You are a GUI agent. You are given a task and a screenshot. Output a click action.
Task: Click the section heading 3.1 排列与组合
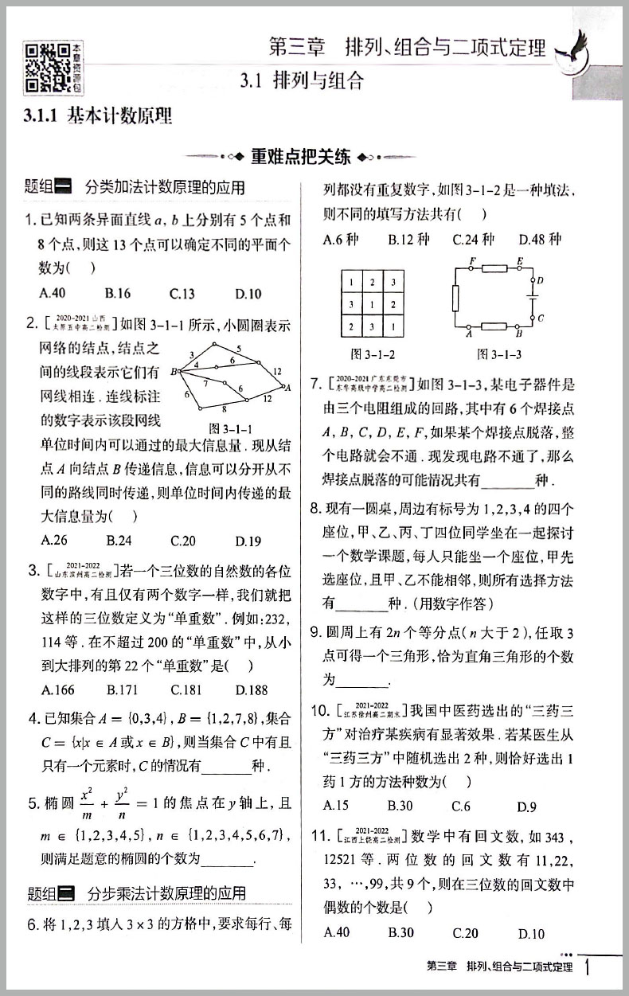(x=303, y=80)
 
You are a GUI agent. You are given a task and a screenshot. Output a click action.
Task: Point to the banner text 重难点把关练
(x=300, y=156)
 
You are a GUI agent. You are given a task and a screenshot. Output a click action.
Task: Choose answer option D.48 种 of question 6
(x=539, y=239)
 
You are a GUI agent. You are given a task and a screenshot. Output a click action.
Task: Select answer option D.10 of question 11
(x=531, y=933)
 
